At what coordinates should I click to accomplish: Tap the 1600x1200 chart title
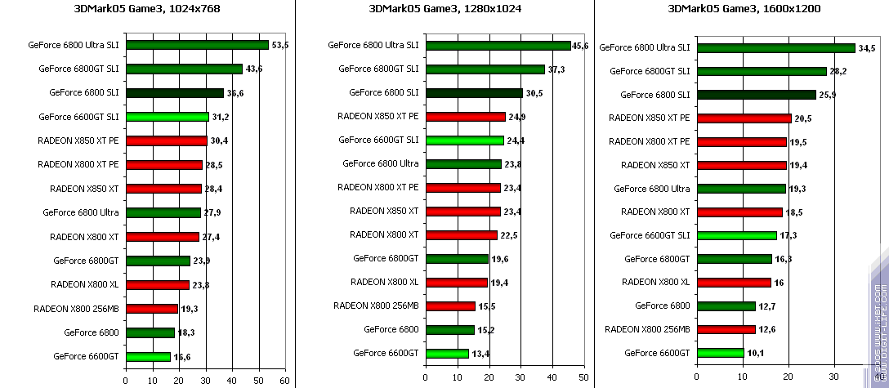point(742,10)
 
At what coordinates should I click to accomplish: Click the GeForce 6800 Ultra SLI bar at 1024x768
point(197,45)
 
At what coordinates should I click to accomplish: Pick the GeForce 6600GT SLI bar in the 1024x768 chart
point(167,117)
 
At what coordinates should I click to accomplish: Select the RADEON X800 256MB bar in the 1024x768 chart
point(151,309)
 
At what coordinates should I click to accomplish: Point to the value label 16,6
point(182,356)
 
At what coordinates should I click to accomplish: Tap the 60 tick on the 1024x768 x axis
point(285,381)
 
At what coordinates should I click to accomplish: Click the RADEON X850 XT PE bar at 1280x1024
point(465,117)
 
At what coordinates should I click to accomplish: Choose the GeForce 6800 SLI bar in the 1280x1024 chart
point(473,93)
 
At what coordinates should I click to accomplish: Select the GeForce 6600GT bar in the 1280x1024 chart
point(446,353)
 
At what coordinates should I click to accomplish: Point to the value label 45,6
point(580,46)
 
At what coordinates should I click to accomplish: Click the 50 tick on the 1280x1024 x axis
point(583,381)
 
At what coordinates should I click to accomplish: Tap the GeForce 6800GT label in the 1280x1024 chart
point(386,258)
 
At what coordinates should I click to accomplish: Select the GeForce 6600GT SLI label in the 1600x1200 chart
point(650,235)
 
